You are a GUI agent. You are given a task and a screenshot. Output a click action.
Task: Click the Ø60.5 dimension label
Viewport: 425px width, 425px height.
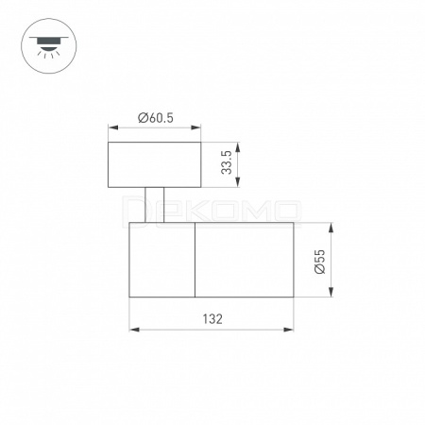[156, 118]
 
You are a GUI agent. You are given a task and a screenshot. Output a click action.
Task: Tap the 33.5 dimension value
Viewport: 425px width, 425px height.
[227, 162]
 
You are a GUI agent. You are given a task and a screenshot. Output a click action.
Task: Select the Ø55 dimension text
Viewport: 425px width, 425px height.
[319, 262]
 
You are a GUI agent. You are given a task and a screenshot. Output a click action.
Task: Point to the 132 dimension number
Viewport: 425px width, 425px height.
[212, 319]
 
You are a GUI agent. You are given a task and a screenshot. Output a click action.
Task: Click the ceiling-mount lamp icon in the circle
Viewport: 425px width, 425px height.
[49, 46]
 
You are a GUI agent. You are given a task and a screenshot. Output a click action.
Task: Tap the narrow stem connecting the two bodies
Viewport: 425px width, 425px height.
[155, 205]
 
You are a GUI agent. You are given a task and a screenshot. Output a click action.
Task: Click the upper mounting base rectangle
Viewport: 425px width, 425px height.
[155, 164]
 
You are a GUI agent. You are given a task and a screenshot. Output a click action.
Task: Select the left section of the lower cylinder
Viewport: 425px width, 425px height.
[162, 260]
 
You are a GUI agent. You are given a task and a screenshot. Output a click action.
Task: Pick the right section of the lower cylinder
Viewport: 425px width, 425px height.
[245, 260]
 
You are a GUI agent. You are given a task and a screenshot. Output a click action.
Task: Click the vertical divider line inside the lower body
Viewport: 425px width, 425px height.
[195, 260]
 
